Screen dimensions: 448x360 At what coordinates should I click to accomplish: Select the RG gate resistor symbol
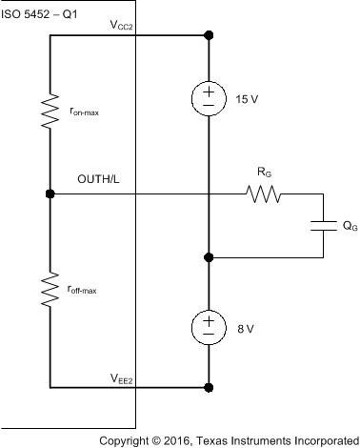point(262,194)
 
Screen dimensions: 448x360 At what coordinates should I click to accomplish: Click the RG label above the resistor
point(263,173)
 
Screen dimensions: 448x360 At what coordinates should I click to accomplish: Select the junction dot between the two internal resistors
point(50,194)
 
